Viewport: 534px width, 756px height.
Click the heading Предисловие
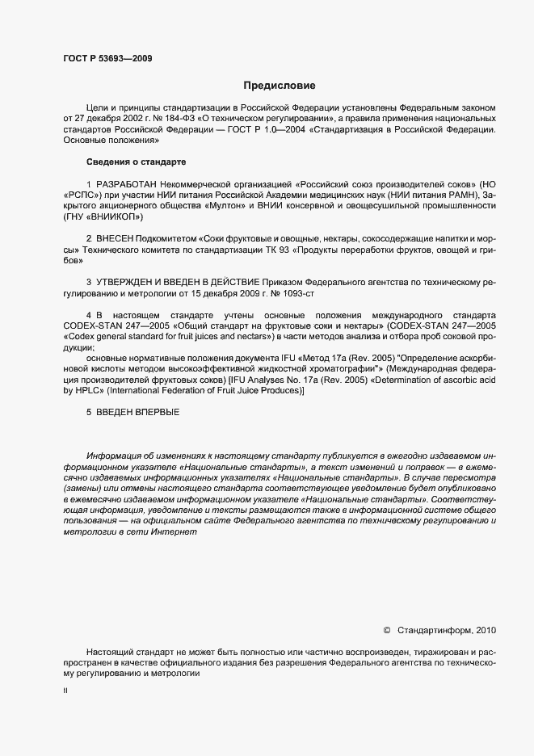(x=280, y=85)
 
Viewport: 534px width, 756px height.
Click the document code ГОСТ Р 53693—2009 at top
(x=107, y=58)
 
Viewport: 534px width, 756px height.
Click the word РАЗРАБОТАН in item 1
(x=128, y=185)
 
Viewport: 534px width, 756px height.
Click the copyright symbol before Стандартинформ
(x=386, y=629)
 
